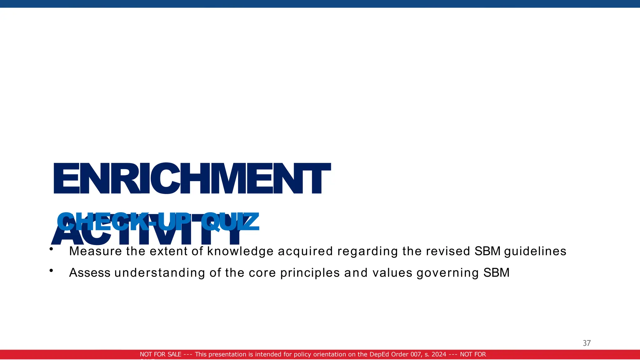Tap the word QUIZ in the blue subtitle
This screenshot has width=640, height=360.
click(x=230, y=221)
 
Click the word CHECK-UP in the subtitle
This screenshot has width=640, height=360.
click(x=124, y=221)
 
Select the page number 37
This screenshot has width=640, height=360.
click(x=587, y=343)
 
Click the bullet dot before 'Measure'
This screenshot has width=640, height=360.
click(x=51, y=249)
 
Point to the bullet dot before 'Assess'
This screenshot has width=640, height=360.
click(x=51, y=271)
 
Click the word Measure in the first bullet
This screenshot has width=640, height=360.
click(x=95, y=251)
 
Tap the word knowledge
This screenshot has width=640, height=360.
click(x=240, y=251)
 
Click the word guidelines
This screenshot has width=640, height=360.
click(x=535, y=251)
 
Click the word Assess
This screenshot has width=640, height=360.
click(x=90, y=273)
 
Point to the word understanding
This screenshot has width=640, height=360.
click(x=160, y=273)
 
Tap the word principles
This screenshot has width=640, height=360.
click(x=310, y=273)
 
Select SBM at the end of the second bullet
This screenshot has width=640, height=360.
click(x=496, y=273)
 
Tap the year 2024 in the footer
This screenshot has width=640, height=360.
click(x=439, y=354)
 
